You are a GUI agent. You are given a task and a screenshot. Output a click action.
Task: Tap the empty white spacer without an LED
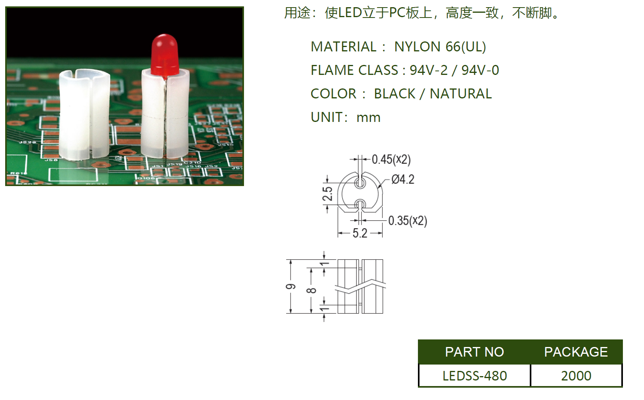(84, 116)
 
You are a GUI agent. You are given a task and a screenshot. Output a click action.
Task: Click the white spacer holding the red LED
(165, 116)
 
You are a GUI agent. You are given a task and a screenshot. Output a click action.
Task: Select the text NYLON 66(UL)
(440, 47)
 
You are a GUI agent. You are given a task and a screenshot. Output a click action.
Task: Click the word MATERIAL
(343, 47)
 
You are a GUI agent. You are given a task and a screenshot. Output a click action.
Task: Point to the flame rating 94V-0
(480, 71)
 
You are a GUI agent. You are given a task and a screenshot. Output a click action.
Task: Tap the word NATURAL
(461, 94)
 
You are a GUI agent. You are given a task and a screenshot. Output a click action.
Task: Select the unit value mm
(368, 118)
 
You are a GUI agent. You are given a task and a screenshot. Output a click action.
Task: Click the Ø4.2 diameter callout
(402, 180)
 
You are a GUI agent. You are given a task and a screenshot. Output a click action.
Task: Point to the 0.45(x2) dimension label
(391, 160)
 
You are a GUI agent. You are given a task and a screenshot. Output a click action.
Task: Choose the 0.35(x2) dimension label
(407, 221)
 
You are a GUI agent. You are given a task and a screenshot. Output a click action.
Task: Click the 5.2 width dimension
(360, 233)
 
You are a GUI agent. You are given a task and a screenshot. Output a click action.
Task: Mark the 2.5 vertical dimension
(327, 194)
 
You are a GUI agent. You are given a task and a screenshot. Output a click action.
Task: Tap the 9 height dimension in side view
(291, 287)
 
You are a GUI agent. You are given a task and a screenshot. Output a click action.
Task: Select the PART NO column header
(474, 352)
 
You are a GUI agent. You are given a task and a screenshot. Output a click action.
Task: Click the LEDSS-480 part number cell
(474, 376)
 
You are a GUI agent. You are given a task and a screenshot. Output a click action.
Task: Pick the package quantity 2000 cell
(576, 376)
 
